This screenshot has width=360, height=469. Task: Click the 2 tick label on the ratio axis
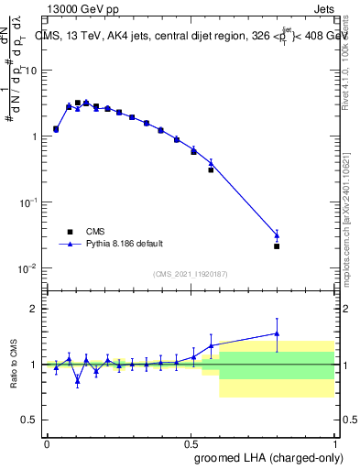point(37,309)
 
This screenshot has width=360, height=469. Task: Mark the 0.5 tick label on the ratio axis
point(32,420)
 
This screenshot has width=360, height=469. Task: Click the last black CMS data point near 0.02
point(277,245)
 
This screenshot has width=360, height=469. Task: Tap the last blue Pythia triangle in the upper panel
point(277,235)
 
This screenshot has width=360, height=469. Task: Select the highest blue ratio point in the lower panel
point(277,333)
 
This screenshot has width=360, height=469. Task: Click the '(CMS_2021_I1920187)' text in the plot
point(190,274)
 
